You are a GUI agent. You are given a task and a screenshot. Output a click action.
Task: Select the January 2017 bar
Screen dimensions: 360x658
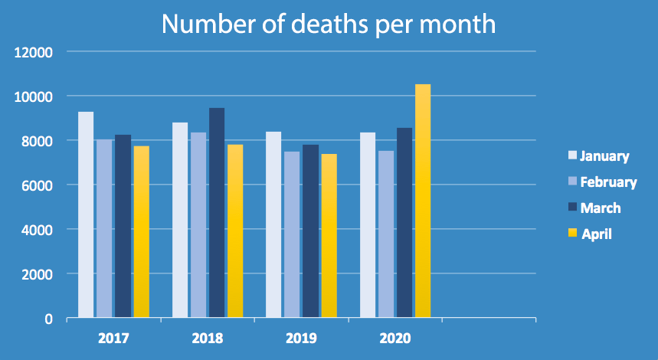[86, 214]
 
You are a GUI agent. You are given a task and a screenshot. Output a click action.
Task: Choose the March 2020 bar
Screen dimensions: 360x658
[404, 222]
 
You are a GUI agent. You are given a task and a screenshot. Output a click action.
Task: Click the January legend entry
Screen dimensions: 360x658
[604, 156]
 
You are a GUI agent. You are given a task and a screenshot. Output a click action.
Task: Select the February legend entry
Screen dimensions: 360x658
[608, 182]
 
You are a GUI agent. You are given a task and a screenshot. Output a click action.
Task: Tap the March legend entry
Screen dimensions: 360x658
[600, 208]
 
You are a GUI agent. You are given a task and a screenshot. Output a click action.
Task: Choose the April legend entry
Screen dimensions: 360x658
[597, 234]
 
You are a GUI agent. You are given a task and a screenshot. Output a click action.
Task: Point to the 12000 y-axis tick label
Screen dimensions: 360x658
[34, 53]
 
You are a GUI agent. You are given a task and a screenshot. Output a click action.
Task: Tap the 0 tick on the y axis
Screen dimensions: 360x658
[48, 319]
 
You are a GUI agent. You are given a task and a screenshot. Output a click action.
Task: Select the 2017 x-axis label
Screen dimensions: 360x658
[114, 338]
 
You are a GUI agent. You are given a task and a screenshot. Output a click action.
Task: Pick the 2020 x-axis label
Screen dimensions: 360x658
[396, 338]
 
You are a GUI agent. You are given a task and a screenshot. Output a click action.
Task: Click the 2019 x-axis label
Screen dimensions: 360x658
[301, 338]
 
